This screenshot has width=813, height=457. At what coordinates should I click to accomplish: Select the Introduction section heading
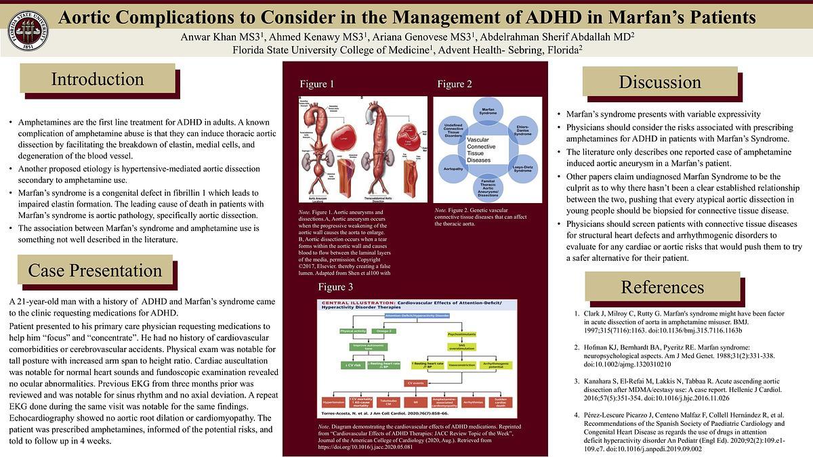click(x=98, y=79)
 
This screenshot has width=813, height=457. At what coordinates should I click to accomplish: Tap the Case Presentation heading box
click(x=95, y=270)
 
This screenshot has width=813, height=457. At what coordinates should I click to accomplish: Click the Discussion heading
click(x=659, y=82)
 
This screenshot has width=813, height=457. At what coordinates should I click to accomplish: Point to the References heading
click(x=662, y=286)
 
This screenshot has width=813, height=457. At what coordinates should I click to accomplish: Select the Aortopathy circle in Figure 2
click(x=453, y=167)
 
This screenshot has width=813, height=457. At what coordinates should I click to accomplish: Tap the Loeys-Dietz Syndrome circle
click(x=522, y=167)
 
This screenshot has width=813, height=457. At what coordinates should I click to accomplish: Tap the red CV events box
click(x=415, y=383)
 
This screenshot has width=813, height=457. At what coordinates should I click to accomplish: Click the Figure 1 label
click(x=317, y=85)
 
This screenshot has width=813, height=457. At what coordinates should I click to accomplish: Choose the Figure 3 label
click(x=335, y=287)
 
